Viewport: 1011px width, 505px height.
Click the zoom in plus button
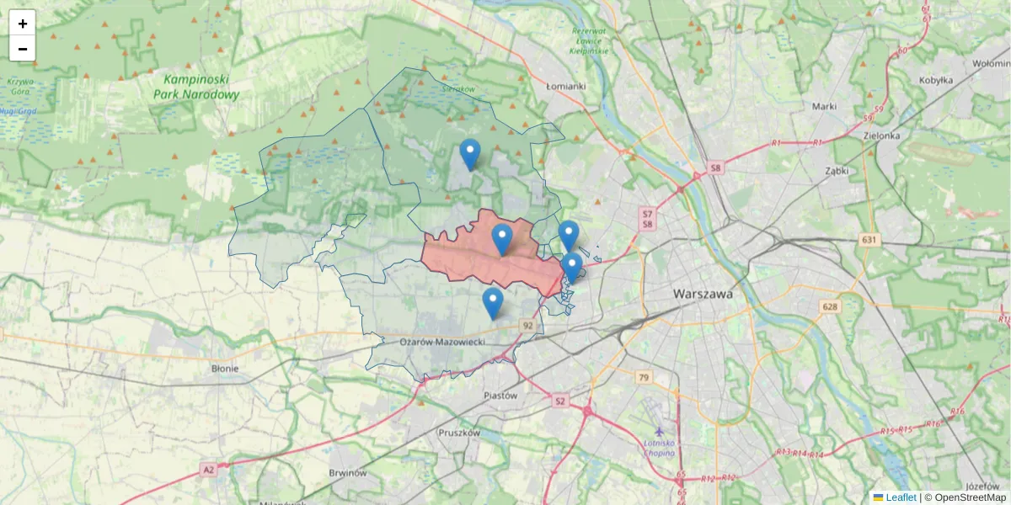pyautogui.click(x=23, y=24)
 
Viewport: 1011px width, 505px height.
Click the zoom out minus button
pyautogui.click(x=23, y=49)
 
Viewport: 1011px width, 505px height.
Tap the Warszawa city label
pyautogui.click(x=703, y=295)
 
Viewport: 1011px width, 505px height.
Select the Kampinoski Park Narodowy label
pyautogui.click(x=196, y=87)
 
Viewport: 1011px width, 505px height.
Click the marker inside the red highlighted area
pyautogui.click(x=502, y=239)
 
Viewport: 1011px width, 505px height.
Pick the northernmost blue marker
pyautogui.click(x=470, y=154)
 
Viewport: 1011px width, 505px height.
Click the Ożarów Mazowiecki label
pyautogui.click(x=441, y=342)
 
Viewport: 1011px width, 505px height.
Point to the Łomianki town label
pyautogui.click(x=565, y=86)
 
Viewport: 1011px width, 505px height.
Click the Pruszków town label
pyautogui.click(x=459, y=433)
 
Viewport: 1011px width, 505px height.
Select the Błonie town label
pyautogui.click(x=225, y=368)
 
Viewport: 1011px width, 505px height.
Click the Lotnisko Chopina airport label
pyautogui.click(x=659, y=448)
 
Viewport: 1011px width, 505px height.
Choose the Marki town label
pyautogui.click(x=824, y=106)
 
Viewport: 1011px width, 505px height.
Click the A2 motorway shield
pyautogui.click(x=208, y=470)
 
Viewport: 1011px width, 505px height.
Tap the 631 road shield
pyautogui.click(x=869, y=240)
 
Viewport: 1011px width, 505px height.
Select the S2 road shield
pyautogui.click(x=561, y=401)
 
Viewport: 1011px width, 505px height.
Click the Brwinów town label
pyautogui.click(x=348, y=473)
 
